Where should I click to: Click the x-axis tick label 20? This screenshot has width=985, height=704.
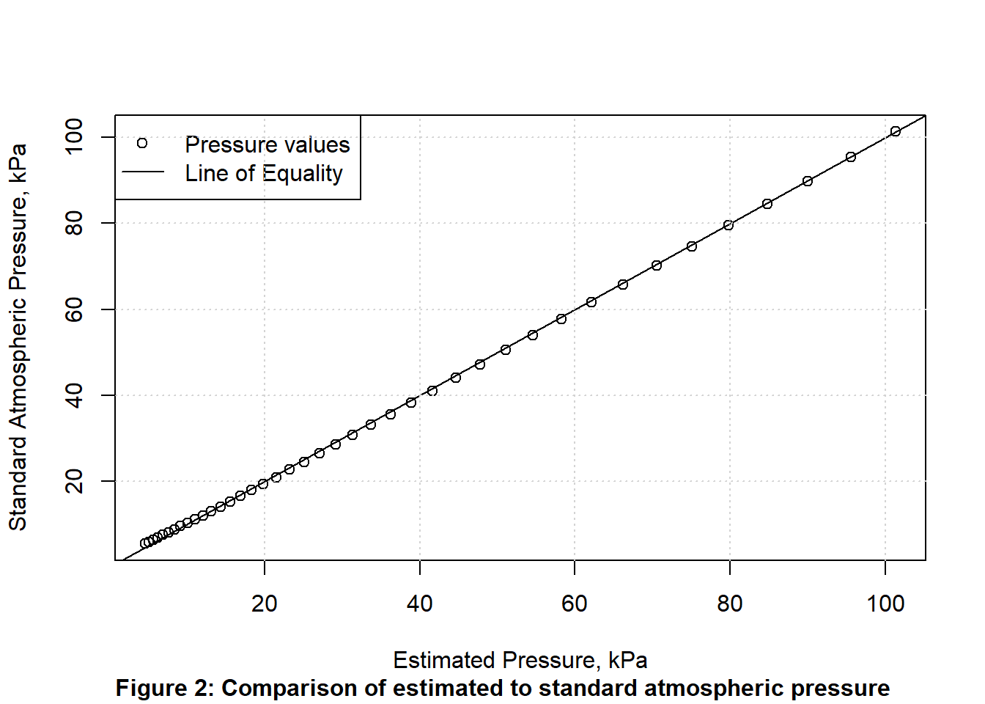point(264,604)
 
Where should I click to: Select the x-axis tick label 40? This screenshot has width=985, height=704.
point(419,604)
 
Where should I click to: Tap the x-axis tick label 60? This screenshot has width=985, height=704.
point(575,604)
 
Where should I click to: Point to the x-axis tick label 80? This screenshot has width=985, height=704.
point(730,604)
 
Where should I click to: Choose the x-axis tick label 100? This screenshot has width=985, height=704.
point(885,604)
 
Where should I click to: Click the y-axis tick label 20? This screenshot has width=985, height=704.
point(75,481)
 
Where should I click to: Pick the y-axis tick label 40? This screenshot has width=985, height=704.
point(75,395)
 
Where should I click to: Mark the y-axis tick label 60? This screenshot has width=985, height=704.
point(75,309)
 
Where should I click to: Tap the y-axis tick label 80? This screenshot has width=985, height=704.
point(75,223)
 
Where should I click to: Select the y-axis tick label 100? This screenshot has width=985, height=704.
point(75,137)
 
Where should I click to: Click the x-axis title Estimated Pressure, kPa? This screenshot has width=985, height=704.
point(520,660)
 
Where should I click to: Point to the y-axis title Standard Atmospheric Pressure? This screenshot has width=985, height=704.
point(18,337)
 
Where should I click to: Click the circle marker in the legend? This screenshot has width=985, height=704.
point(142,143)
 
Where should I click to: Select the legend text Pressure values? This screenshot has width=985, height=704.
point(267,144)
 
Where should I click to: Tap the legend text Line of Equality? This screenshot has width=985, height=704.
point(264,174)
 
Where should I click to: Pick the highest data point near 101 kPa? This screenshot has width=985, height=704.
point(895,131)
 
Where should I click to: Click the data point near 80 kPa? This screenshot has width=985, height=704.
point(728,225)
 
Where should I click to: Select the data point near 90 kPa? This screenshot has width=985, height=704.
point(808,181)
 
